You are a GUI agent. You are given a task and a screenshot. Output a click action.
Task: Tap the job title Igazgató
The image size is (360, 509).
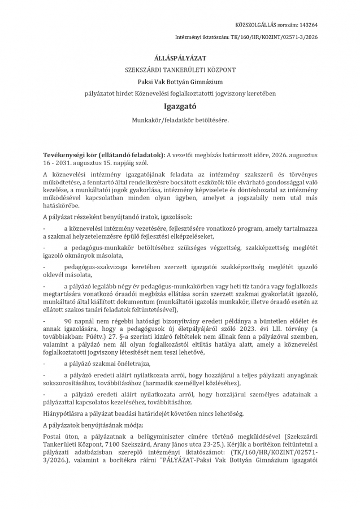pyautogui.click(x=180, y=105)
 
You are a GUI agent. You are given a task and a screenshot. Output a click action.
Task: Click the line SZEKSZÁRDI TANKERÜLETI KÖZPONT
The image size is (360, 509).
pyautogui.click(x=180, y=70)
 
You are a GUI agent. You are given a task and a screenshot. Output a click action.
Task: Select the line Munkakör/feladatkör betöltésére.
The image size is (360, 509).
pyautogui.click(x=180, y=120)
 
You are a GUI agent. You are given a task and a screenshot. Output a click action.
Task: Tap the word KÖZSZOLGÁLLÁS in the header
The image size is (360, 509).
pyautogui.click(x=259, y=25)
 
